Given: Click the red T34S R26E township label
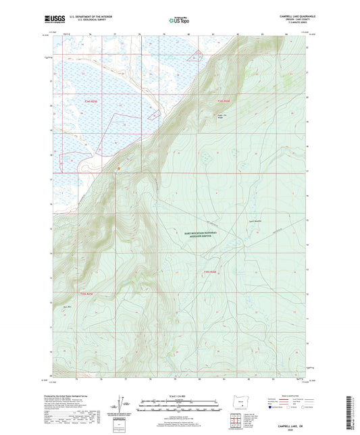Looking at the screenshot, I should click(224, 101).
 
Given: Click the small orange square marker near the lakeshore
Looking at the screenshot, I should click(118, 169).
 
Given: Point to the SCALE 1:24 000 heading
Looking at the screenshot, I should click(180, 396).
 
